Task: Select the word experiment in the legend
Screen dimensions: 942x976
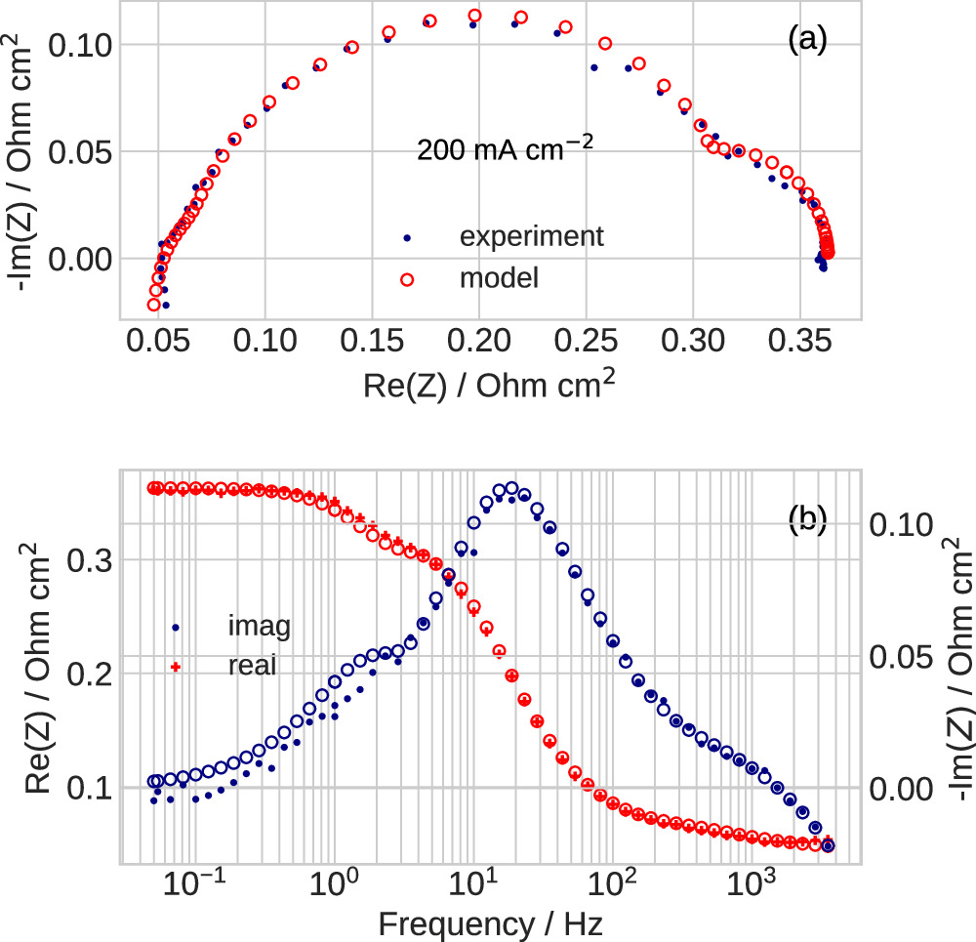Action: pos(532,236)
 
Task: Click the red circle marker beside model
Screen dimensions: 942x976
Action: pos(408,279)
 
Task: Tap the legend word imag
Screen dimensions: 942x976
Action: pos(257,626)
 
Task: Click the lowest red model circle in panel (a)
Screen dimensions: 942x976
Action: pos(153,305)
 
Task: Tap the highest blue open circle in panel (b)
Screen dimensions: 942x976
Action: pos(510,488)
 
